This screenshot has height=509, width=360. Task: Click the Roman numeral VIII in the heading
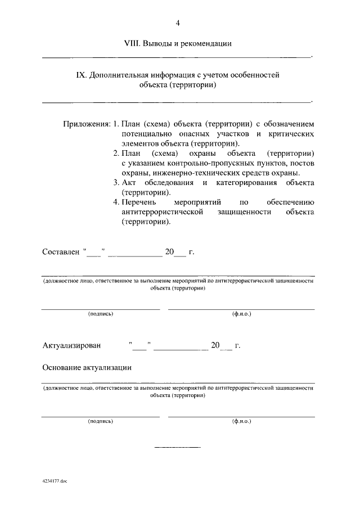point(133,43)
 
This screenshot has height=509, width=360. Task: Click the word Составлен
point(60,252)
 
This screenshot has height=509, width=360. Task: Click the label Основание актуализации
point(87,367)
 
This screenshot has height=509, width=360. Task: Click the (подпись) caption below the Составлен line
point(101,314)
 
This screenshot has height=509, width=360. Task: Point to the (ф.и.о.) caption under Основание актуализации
point(241,421)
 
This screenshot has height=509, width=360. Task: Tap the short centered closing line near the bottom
point(177,447)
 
